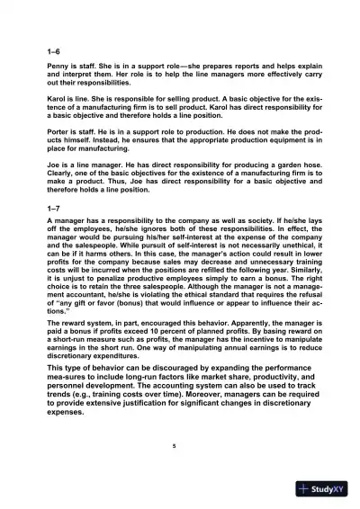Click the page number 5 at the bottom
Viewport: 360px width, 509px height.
pyautogui.click(x=179, y=446)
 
